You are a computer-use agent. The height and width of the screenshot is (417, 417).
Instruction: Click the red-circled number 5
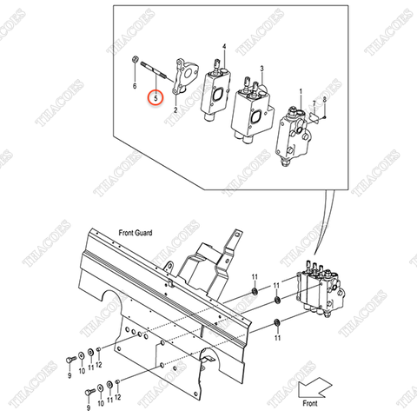pos(156,99)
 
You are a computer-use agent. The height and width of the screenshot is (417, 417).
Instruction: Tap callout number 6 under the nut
pos(135,87)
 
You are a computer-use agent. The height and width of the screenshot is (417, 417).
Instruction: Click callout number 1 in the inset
pos(301,90)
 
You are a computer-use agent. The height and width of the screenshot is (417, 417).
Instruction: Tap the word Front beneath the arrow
pos(309,403)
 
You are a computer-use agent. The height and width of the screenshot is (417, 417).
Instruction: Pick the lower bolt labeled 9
pos(87,393)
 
